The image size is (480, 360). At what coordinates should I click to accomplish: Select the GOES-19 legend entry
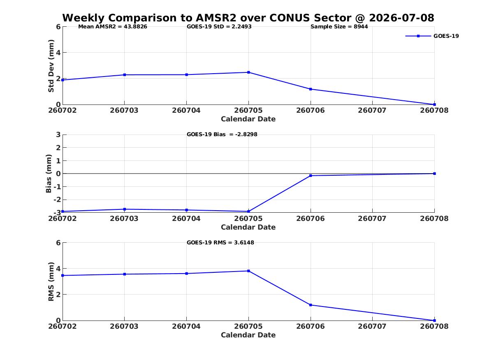pos(432,36)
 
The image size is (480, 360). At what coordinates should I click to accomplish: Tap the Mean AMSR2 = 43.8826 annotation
pos(113,27)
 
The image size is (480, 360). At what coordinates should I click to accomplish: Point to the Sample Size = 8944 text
pos(339,27)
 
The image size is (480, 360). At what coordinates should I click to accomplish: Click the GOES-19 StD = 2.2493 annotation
pos(219,27)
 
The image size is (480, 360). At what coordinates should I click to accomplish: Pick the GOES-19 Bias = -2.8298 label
pos(222,135)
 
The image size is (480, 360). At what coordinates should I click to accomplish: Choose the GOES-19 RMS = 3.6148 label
pos(220,242)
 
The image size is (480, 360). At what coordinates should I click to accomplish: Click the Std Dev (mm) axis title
pos(51,66)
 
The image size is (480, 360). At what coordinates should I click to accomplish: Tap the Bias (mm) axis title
pos(49,174)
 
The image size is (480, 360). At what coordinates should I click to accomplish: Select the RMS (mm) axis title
pos(51,282)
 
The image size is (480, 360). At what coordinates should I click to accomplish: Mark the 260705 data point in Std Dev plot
pos(248,72)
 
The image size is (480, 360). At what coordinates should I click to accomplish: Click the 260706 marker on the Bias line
pos(311,176)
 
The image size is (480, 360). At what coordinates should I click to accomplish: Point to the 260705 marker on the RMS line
pos(248,271)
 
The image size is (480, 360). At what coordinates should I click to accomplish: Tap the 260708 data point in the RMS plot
pos(434,321)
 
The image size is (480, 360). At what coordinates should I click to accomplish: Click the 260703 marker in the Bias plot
pos(125,209)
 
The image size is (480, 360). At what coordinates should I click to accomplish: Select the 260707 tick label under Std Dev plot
pos(372,110)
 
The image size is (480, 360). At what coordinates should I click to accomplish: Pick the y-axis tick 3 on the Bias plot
pos(58,135)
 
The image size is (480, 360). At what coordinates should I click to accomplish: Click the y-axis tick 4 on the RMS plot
pos(58,269)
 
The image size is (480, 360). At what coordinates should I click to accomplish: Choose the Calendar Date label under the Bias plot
pos(248,227)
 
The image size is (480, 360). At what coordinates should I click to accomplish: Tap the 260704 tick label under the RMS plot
pos(186,326)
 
